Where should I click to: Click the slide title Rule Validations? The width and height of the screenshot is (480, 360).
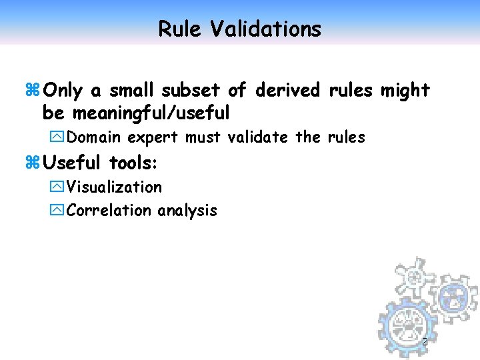[239, 29]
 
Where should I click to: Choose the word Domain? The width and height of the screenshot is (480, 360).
[94, 137]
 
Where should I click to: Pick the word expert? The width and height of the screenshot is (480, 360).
[153, 138]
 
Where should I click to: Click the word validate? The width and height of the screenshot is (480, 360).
[258, 137]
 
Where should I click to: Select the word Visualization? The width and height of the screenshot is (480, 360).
[114, 187]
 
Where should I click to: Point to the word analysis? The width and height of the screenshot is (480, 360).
[187, 211]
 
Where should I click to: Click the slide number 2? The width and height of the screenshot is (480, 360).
[425, 342]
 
